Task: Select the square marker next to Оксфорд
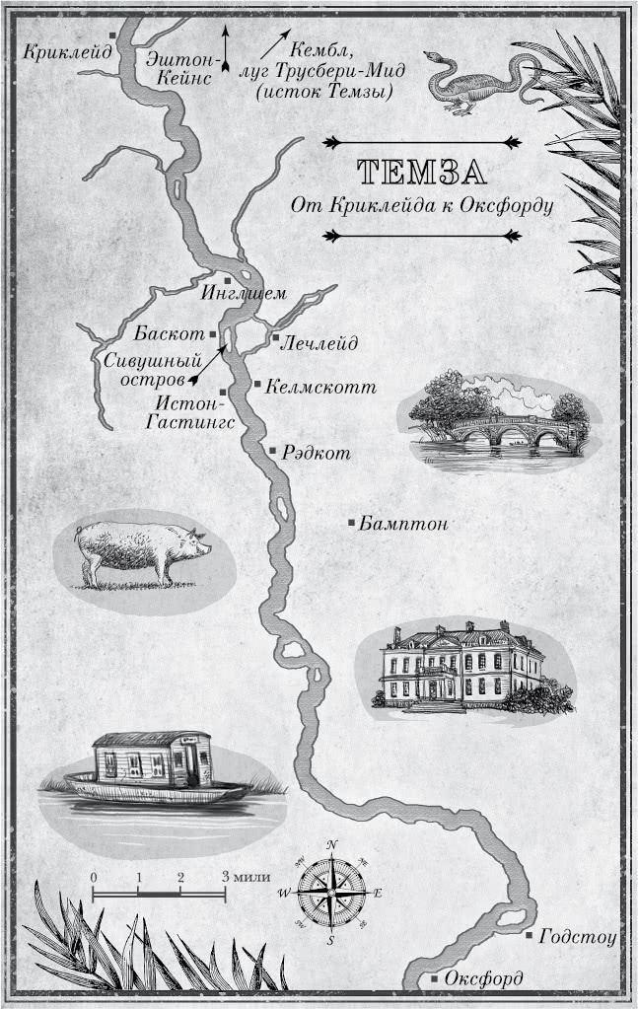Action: pos(435,978)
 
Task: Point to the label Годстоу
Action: pos(578,937)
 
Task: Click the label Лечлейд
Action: pos(319,342)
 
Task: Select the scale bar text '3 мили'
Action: pos(246,876)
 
